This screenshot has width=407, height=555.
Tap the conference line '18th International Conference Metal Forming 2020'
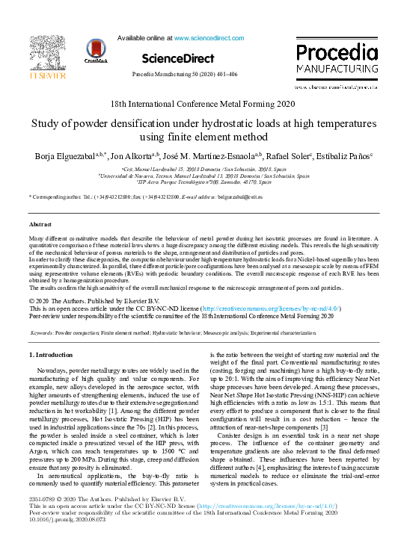(x=202, y=105)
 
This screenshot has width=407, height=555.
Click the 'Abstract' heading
(x=40, y=224)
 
